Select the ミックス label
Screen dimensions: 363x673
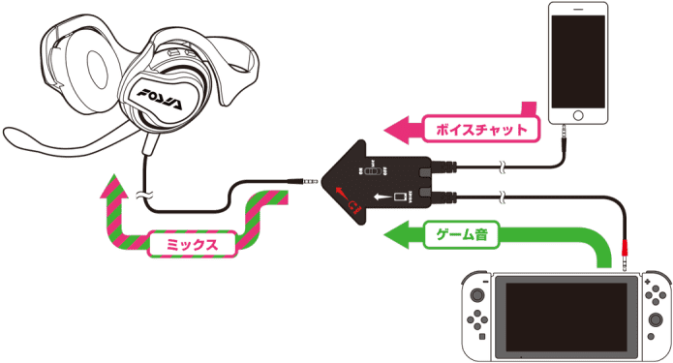click(193, 245)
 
